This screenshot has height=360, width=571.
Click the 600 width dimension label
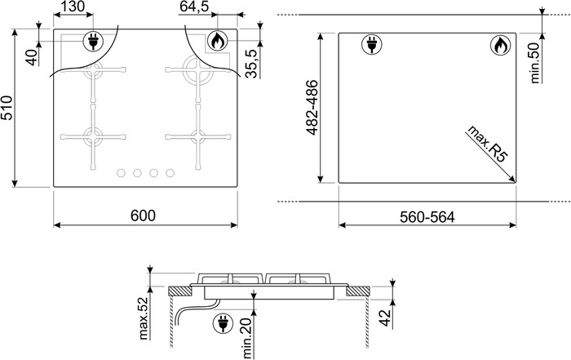tap(143, 216)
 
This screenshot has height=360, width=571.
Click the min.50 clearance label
tap(536, 61)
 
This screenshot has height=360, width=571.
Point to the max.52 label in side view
tap(144, 318)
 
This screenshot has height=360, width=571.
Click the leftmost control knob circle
tap(121, 173)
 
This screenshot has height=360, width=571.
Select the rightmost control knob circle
tap(170, 173)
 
